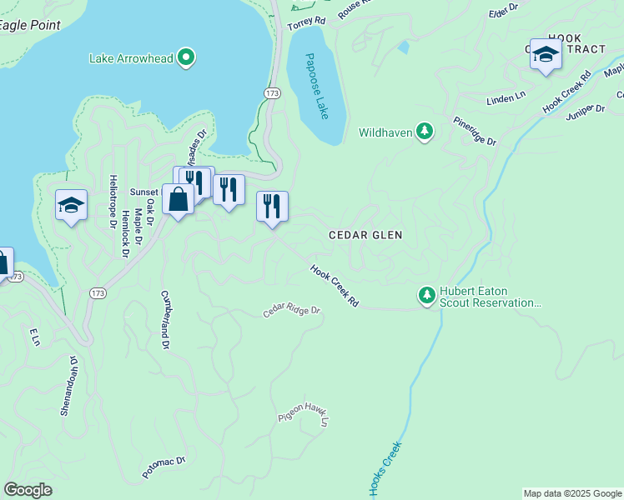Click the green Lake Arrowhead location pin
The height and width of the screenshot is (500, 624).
pos(188,57)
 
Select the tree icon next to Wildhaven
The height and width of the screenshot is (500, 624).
pos(425,132)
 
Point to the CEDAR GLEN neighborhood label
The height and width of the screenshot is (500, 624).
pos(365,236)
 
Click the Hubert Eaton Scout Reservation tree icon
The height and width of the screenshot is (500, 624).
pos(427,295)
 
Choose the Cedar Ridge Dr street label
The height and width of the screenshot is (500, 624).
pos(292,311)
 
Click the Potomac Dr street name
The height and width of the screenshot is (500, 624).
pos(164,467)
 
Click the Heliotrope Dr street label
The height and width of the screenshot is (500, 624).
pos(111,202)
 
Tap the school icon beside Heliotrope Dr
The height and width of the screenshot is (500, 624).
pos(72,205)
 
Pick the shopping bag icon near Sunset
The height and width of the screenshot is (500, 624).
pos(178,200)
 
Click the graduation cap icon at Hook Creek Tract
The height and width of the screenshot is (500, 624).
pos(546,55)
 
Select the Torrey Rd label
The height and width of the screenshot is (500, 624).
pos(306,24)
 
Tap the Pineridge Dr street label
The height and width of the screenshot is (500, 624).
pos(475,132)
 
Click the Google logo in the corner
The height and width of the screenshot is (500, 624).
pos(28,490)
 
